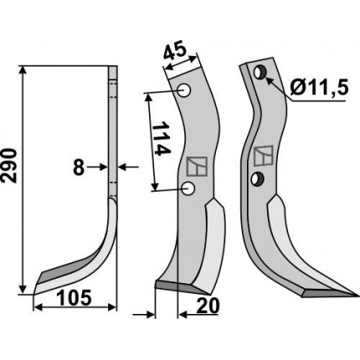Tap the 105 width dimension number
click(75, 297)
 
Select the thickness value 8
click(79, 167)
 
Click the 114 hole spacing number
click(161, 139)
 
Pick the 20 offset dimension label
click(208, 306)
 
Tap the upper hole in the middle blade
click(184, 91)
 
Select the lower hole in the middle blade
click(188, 189)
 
